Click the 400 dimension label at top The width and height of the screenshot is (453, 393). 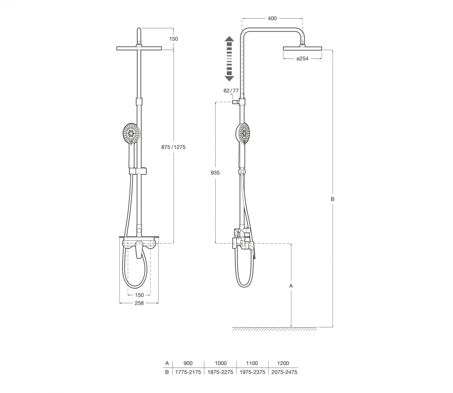coord(272,19)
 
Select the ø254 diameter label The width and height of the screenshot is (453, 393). coord(303,58)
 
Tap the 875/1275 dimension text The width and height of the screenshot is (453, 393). coord(173,147)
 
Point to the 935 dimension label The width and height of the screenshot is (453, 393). coord(215,173)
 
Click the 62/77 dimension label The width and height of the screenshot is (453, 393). coord(231,91)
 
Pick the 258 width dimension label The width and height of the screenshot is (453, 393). coord(139,303)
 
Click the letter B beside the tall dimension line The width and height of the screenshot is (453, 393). coord(333,199)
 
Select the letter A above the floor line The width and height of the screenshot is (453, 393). coord(291,286)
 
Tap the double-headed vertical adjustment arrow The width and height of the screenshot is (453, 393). coord(229,58)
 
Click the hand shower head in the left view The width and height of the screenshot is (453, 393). coord(132,133)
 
